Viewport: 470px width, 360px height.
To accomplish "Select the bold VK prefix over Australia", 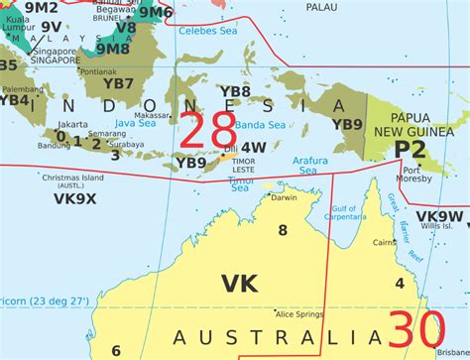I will (x=239, y=284).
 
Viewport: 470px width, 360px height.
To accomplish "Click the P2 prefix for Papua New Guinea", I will (x=411, y=149).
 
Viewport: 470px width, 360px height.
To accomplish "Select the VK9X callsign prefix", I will (x=73, y=198).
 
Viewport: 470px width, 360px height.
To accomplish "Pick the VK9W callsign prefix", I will (x=438, y=215).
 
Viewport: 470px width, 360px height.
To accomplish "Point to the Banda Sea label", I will (x=262, y=125).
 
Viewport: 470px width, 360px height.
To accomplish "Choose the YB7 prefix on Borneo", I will (x=118, y=83).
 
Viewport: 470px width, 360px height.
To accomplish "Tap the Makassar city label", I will (x=152, y=142).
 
